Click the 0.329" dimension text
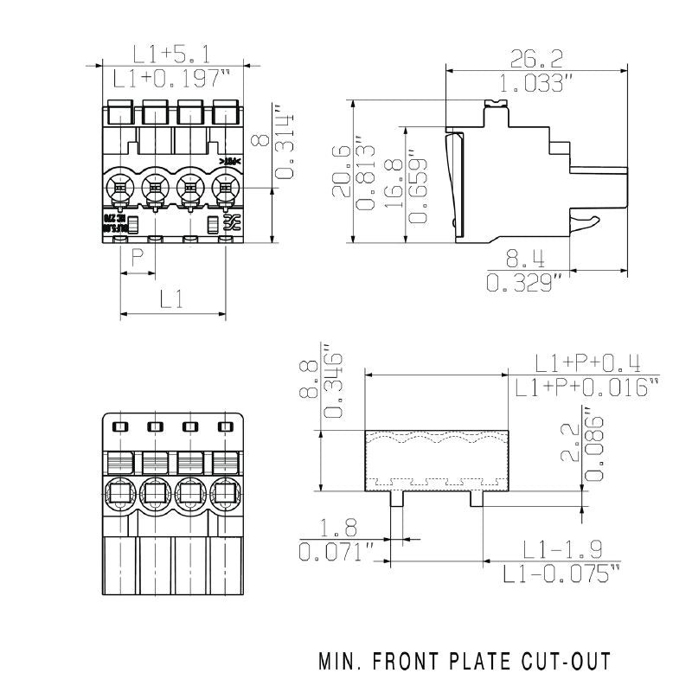tap(525, 283)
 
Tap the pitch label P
tap(137, 258)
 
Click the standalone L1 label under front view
tap(172, 300)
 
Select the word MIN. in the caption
tap(342, 662)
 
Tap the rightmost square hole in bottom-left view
tap(226, 426)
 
